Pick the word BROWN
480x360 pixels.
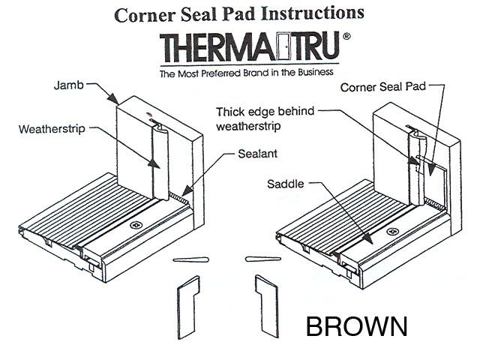[x=355, y=327]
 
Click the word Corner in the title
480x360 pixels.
[x=144, y=13]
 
